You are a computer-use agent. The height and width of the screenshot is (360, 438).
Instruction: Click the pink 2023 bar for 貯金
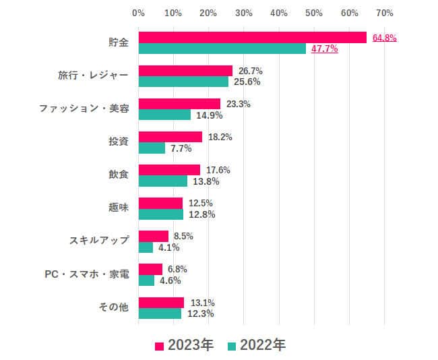tap(252, 38)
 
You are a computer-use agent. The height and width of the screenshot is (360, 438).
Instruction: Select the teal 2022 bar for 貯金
tap(222, 49)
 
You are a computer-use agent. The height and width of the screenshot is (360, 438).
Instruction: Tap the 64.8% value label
tap(384, 38)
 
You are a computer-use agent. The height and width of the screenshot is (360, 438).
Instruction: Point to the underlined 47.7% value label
tap(324, 49)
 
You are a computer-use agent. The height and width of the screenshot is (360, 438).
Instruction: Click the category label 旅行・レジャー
tap(93, 76)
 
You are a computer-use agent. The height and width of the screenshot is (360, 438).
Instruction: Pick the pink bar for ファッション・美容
tap(179, 104)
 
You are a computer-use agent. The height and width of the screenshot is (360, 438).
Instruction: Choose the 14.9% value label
tap(209, 115)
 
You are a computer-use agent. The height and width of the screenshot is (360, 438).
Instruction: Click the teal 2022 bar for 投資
tap(152, 148)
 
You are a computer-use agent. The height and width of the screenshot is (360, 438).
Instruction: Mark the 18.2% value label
tap(220, 137)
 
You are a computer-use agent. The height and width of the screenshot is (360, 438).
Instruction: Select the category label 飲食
tap(118, 175)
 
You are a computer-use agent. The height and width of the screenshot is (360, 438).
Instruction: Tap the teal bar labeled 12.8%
tap(160, 214)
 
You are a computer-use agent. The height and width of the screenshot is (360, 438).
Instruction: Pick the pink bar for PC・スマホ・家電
tap(150, 270)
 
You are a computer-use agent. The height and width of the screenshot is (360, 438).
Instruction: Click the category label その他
tap(113, 307)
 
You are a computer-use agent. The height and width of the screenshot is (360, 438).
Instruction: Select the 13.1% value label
tap(202, 302)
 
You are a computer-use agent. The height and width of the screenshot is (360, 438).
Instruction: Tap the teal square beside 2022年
tap(232, 346)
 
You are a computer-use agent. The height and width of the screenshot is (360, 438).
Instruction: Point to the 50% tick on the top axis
tap(314, 13)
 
